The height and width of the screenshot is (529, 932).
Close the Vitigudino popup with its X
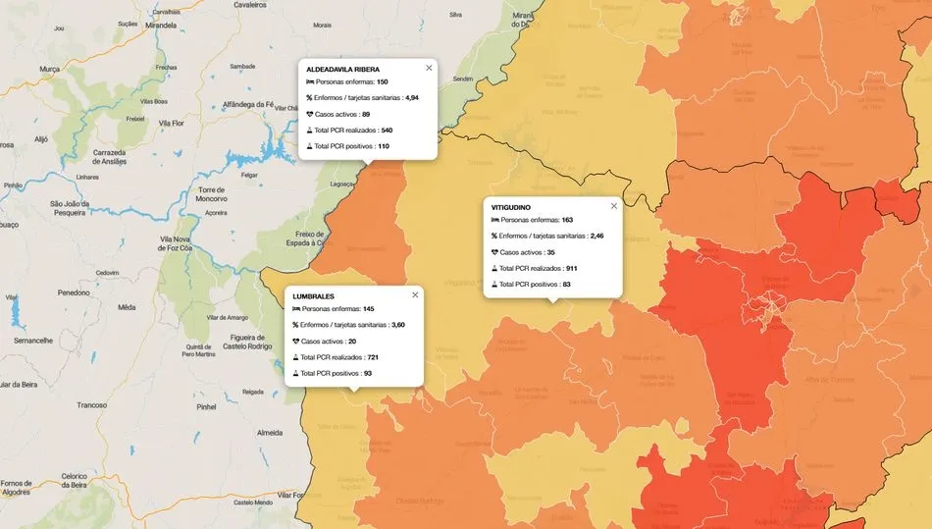[614, 206]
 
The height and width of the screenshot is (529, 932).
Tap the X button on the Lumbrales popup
[415, 294]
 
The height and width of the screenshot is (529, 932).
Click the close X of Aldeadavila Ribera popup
[429, 68]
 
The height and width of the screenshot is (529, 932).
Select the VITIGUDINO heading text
[517, 207]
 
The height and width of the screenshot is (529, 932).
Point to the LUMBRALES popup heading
[314, 295]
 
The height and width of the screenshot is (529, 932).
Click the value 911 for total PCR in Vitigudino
[571, 268]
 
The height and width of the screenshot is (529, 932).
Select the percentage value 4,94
[412, 98]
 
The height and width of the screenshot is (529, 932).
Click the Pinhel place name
[206, 405]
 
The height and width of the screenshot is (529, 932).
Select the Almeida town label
[269, 432]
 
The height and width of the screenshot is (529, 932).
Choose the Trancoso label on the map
[92, 404]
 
